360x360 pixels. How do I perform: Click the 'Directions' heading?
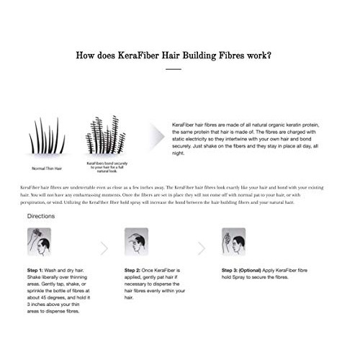pos(41,216)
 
